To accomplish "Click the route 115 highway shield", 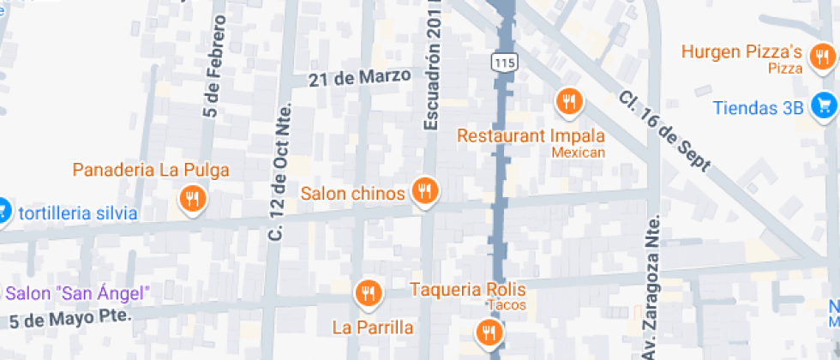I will coord(502,63).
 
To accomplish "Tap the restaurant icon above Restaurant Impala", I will coord(568,102).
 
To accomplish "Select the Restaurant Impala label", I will coord(531,136).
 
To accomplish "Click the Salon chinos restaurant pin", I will coord(424,191).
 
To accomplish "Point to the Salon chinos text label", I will coord(352,194).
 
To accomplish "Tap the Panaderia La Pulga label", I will coord(151,169).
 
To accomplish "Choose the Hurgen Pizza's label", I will coord(741,51).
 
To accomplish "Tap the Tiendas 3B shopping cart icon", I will coord(825,105).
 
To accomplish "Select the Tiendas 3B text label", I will coord(759,108).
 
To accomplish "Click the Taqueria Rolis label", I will coord(467,289).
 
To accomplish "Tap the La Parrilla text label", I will coord(373,327).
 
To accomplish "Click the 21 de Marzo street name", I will coord(360,77).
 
